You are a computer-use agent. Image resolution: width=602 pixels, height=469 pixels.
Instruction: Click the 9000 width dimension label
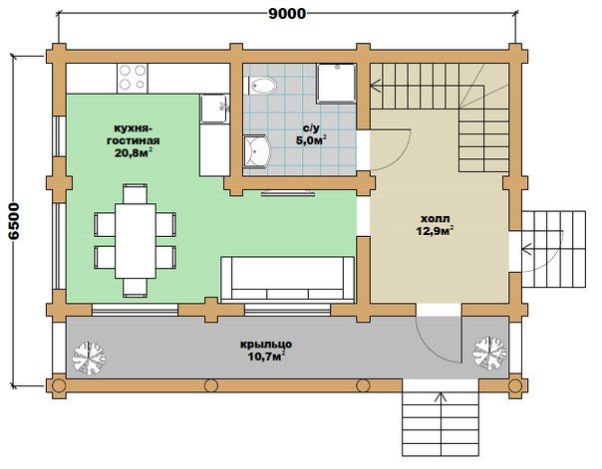point(287,14)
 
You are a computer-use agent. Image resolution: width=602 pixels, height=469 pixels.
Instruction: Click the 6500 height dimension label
point(14,221)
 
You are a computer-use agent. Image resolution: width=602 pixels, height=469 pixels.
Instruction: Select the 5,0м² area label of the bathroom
point(311,140)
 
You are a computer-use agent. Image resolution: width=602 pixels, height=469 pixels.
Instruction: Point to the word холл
point(436,219)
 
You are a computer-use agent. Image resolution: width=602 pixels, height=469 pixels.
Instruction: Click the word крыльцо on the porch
point(266,344)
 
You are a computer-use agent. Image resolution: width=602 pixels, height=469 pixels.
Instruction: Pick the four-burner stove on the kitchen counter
point(133,79)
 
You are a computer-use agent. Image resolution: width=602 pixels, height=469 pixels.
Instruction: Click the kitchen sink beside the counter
point(214,109)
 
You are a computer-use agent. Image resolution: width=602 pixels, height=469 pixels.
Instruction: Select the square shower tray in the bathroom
point(336,84)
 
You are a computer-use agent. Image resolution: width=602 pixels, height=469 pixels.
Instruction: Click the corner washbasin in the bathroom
point(256,151)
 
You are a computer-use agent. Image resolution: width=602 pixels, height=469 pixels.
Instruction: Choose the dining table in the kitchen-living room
point(136,241)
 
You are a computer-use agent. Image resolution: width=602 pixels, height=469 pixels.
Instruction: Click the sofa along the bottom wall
point(288,278)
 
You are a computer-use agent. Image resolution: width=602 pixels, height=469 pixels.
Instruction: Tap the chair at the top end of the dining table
point(136,193)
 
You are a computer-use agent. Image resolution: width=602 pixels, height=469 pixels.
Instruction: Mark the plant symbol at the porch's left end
point(89,357)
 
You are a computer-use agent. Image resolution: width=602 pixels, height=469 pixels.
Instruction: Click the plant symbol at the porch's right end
point(489,352)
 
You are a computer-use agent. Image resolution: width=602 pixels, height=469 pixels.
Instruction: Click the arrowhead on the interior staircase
point(376,87)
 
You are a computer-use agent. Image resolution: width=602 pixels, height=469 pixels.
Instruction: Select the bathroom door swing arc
point(398,158)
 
